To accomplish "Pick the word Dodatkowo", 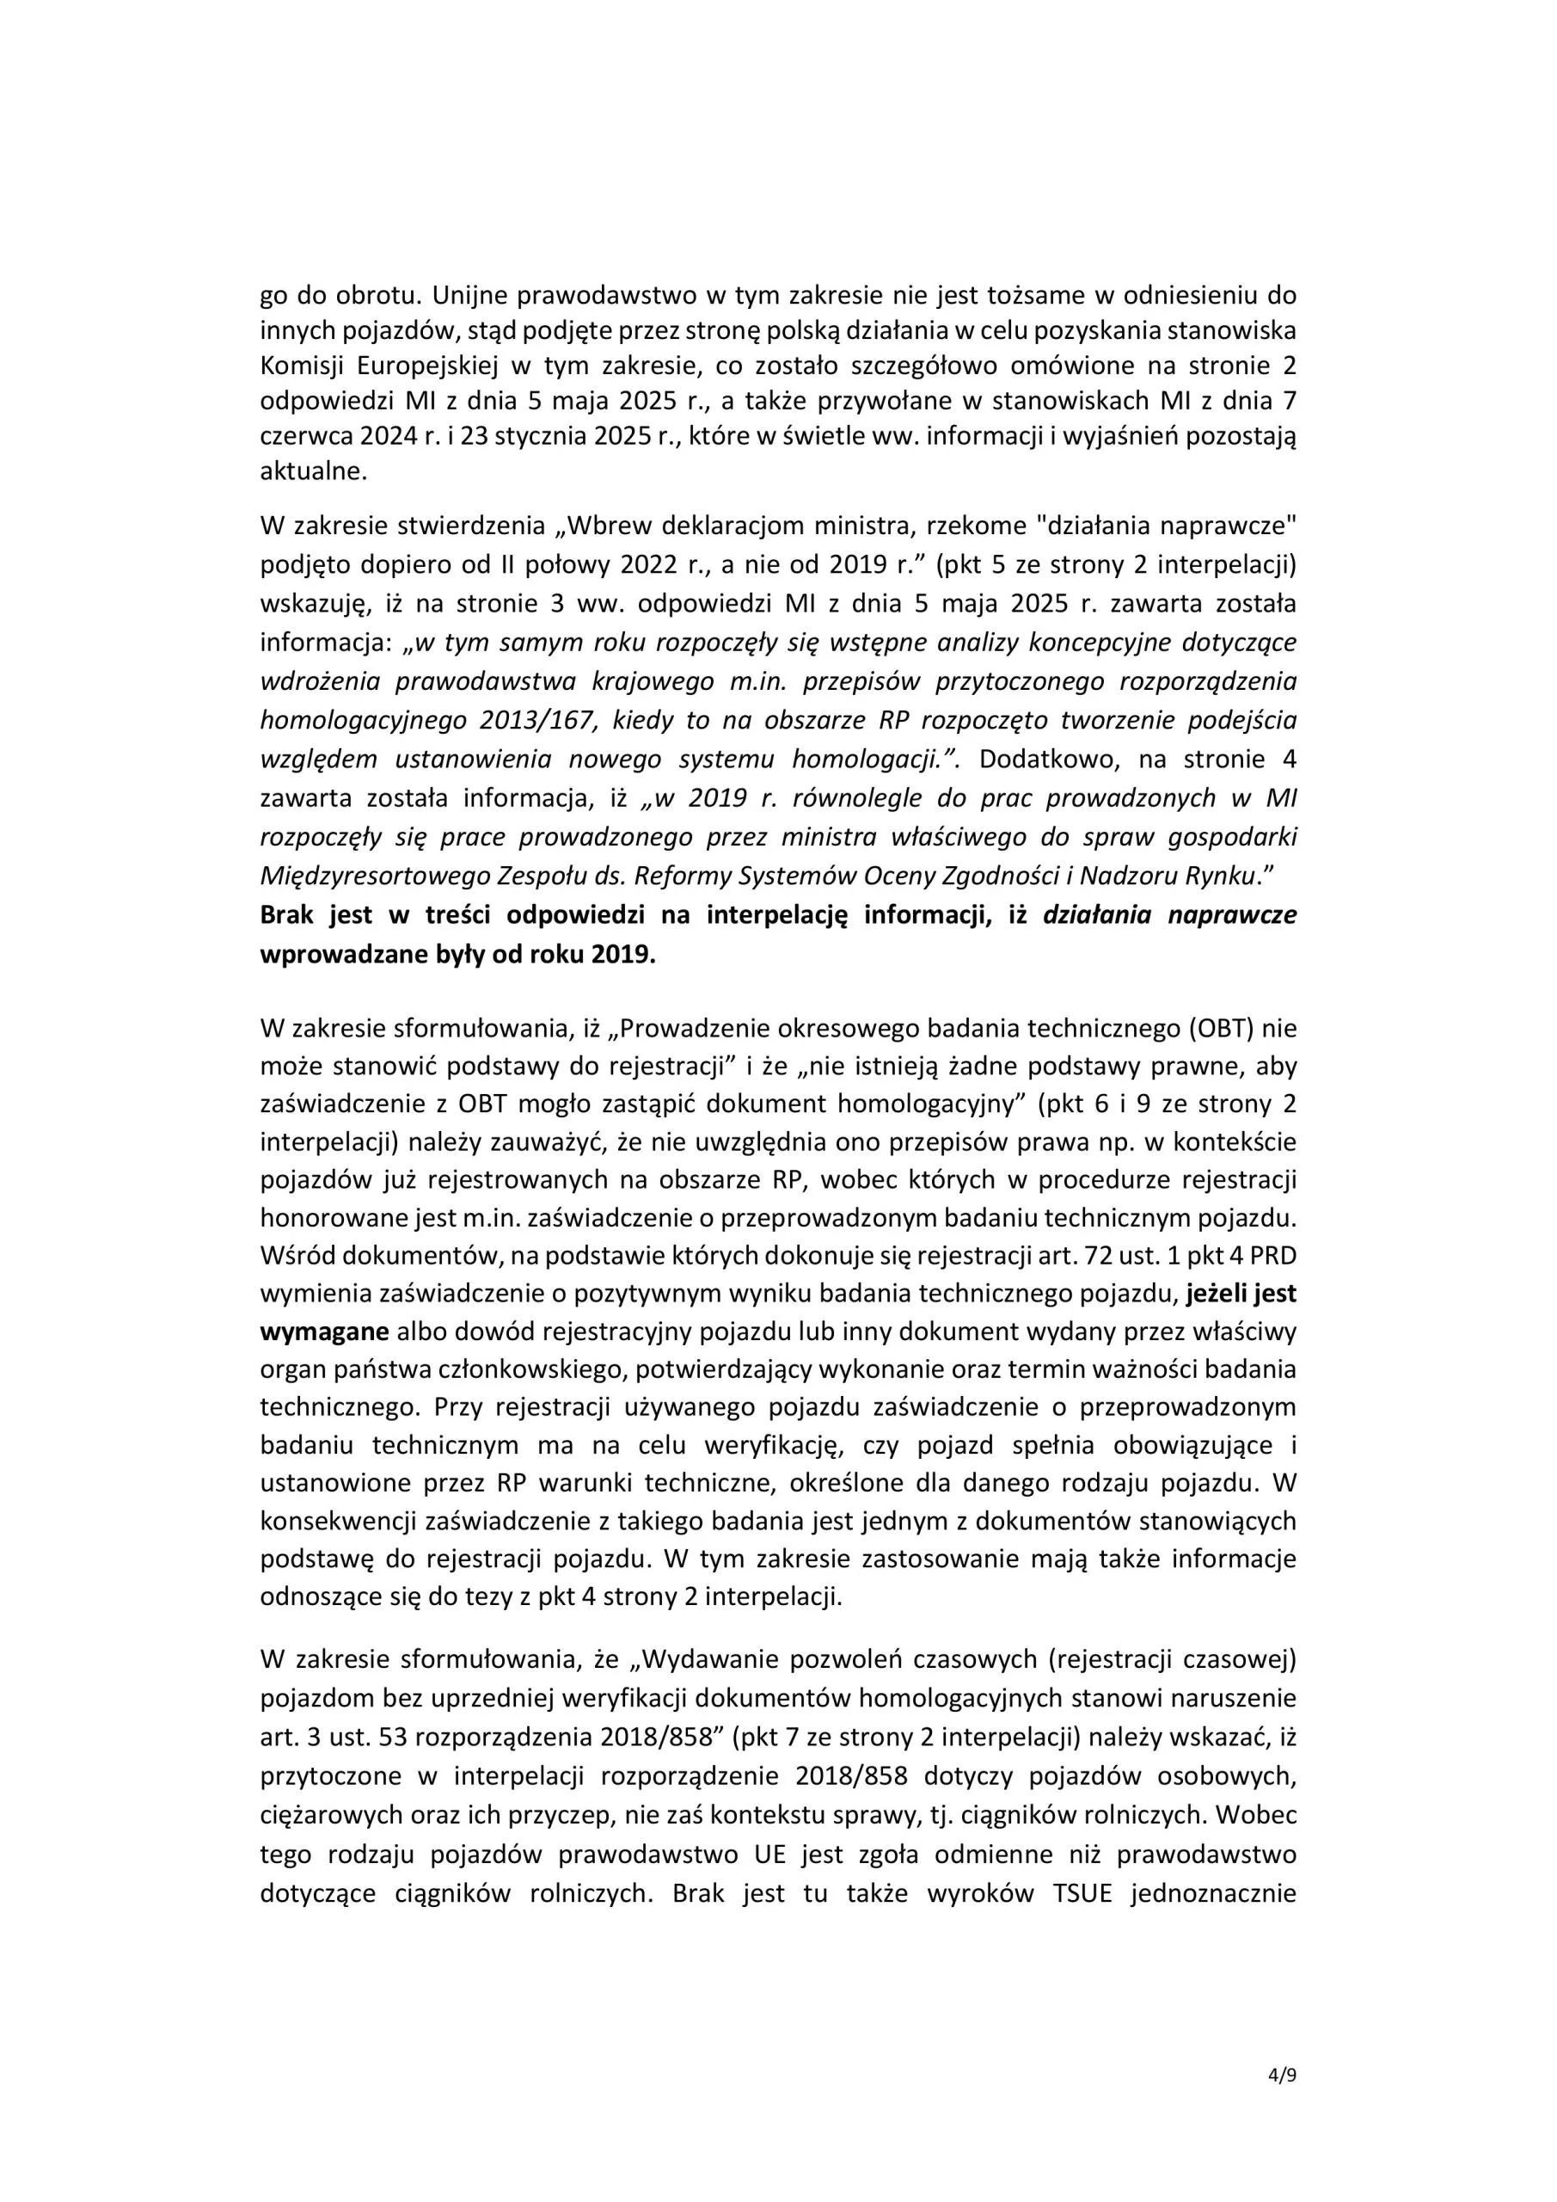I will (x=1048, y=760).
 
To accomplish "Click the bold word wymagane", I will (x=324, y=1332).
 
